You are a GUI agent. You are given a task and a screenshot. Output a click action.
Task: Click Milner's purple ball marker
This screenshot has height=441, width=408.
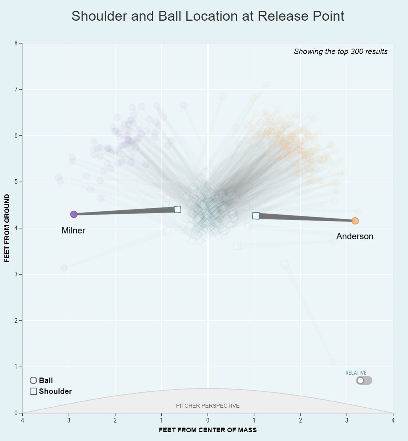pos(74,214)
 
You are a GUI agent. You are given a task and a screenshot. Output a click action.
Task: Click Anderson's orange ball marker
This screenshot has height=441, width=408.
pos(355,221)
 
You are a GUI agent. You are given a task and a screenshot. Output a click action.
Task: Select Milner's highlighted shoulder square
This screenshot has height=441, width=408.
pos(177,209)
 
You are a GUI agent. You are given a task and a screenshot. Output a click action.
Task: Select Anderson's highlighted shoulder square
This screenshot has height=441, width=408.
pos(256,216)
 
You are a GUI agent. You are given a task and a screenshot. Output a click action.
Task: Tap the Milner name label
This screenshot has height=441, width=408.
pos(73,231)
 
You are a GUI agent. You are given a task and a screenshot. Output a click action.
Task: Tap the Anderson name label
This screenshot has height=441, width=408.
pos(355,236)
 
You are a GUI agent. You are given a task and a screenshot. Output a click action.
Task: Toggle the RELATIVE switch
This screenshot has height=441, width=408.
pos(364,380)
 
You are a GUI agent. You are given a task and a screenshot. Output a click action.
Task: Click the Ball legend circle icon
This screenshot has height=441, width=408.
pos(33,380)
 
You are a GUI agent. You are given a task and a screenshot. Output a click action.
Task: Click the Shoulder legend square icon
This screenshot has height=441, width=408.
pos(33,391)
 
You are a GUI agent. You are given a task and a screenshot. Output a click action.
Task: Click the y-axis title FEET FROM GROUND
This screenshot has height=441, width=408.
pos(7,228)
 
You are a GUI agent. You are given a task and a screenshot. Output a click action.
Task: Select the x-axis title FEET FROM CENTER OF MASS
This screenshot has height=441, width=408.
pos(207,430)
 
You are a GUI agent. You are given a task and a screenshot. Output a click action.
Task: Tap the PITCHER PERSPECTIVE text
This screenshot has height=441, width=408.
pos(207,406)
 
